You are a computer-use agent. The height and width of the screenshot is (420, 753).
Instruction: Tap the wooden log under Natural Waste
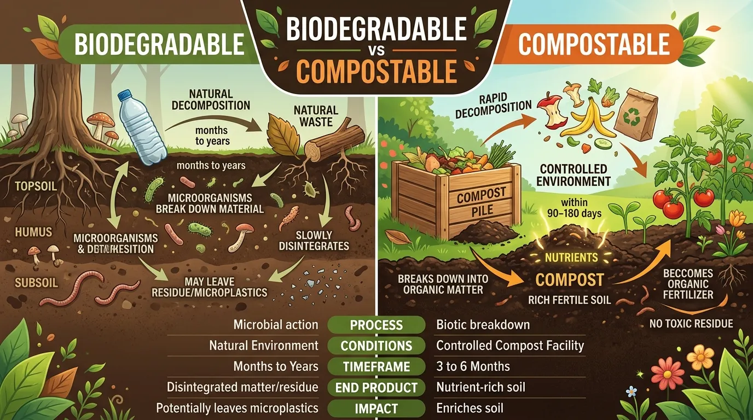tap(334, 143)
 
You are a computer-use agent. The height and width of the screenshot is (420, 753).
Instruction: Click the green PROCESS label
tap(376, 325)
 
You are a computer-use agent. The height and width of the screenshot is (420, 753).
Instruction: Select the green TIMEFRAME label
tap(376, 366)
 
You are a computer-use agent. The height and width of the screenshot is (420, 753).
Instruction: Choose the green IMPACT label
tap(376, 408)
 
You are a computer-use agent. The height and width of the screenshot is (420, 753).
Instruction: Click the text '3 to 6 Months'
tap(473, 366)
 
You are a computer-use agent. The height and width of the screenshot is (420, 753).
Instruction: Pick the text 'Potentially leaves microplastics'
tap(237, 408)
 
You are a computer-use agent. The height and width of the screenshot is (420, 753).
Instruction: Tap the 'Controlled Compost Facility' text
tap(510, 346)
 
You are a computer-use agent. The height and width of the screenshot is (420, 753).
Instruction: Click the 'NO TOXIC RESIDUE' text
tap(691, 324)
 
